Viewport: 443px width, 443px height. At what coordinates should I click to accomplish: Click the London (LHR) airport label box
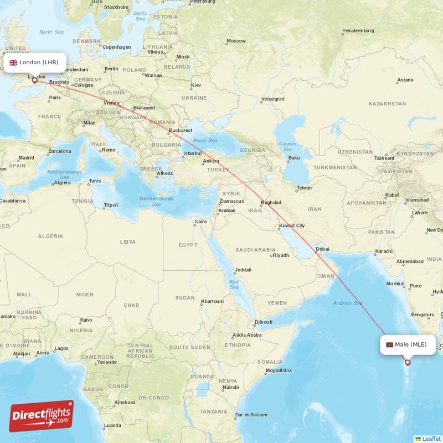click(x=34, y=62)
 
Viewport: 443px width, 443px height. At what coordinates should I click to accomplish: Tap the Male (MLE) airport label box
click(x=408, y=344)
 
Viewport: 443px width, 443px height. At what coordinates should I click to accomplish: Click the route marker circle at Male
click(x=408, y=363)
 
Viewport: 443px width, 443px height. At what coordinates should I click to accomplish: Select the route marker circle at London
click(x=34, y=81)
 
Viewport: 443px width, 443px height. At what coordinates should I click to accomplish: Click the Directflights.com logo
click(x=42, y=416)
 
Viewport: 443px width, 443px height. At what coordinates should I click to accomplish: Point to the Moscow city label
click(x=236, y=40)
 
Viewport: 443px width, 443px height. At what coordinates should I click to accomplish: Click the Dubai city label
click(x=322, y=249)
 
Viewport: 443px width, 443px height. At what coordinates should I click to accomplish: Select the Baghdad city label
click(x=271, y=202)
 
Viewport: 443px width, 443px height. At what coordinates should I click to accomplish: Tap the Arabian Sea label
click(x=348, y=303)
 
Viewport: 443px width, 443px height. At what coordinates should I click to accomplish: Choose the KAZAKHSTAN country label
click(x=387, y=104)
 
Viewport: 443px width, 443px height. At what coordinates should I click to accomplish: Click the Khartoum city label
click(x=213, y=301)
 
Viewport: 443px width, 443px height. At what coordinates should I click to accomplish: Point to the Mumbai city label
click(x=395, y=284)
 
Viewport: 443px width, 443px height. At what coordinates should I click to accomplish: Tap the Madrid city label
click(x=26, y=158)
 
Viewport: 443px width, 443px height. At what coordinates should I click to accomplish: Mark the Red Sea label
click(x=234, y=284)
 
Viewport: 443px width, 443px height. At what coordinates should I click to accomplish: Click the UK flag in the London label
click(x=13, y=63)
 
